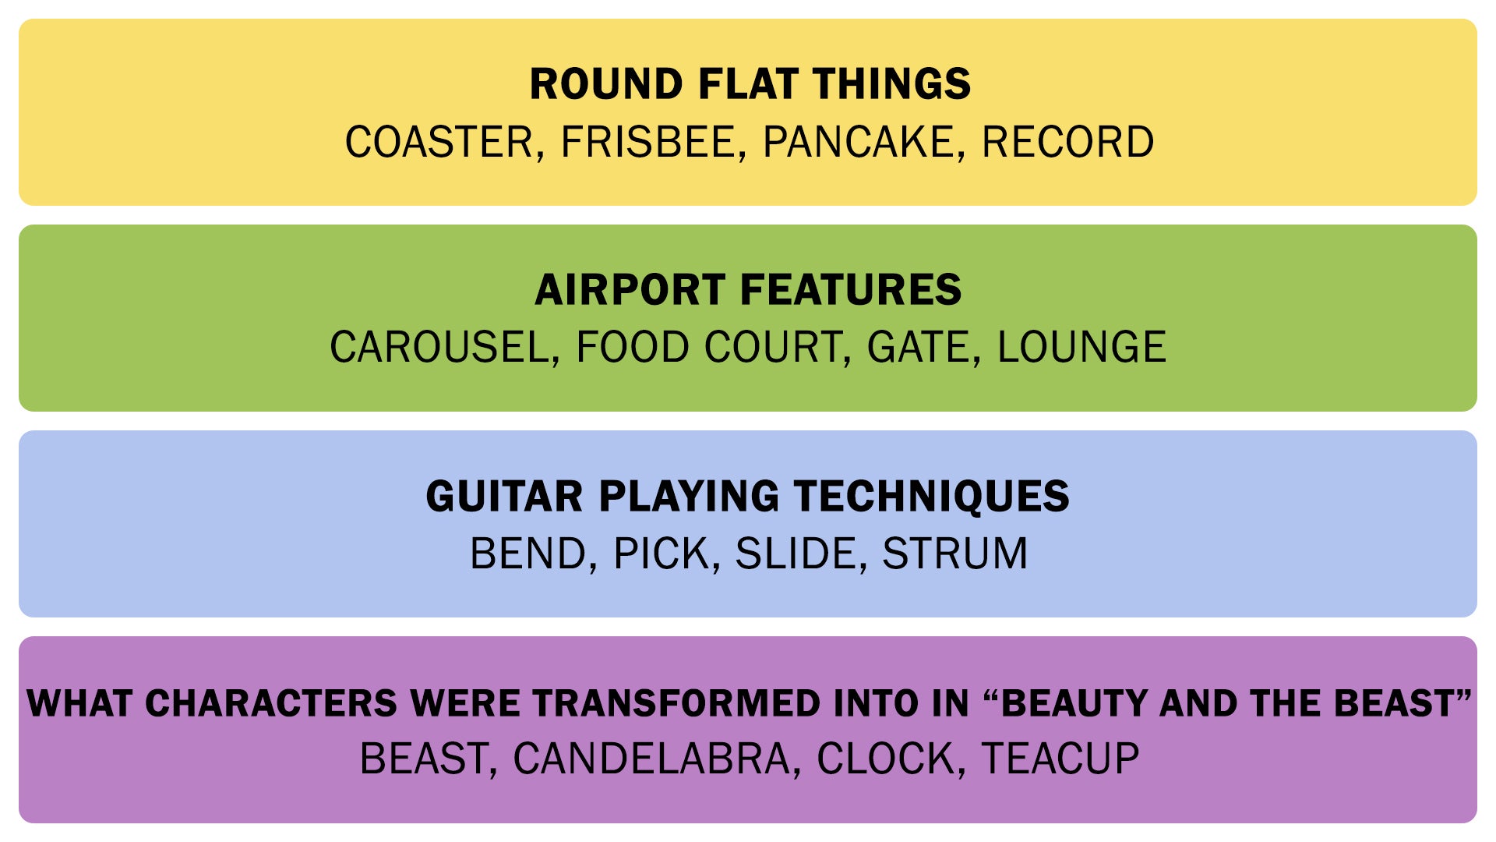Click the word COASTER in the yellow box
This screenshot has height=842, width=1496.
click(x=439, y=142)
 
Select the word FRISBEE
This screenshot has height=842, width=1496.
click(x=647, y=142)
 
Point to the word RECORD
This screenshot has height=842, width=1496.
click(x=1067, y=142)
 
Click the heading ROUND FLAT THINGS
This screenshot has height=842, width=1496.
click(x=750, y=83)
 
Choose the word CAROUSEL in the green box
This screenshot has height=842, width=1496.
click(x=440, y=347)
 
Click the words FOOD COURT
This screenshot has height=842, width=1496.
click(x=708, y=347)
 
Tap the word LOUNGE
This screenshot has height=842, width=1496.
click(x=1081, y=347)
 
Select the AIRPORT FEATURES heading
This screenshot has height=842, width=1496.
click(x=748, y=289)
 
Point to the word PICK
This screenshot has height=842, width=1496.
click(x=662, y=554)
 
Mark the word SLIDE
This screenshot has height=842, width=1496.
click(x=796, y=554)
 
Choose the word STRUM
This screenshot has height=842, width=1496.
click(x=954, y=554)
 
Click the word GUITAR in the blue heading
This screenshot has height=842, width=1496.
click(x=504, y=496)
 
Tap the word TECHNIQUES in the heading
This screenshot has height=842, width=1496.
click(x=932, y=496)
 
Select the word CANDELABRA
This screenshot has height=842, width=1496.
click(x=651, y=759)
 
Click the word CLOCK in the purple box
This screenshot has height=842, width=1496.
click(x=886, y=759)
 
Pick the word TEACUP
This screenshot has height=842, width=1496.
click(x=1060, y=759)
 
